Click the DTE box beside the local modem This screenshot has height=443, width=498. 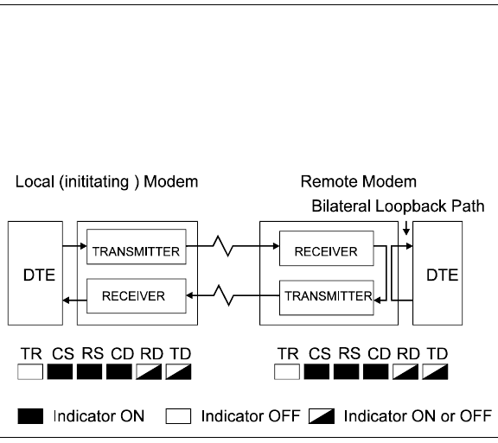(35, 273)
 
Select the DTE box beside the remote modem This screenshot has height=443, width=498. (437, 273)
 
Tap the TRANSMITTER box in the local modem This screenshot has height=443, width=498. (137, 247)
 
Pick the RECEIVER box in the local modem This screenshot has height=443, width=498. (137, 296)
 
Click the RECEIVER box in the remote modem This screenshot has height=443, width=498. (327, 249)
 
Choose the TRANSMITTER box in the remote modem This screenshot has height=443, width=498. (327, 298)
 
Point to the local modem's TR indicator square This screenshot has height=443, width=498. (30, 371)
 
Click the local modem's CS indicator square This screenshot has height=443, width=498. (60, 371)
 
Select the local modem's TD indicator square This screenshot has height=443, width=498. (178, 371)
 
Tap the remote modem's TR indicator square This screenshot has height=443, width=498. (287, 371)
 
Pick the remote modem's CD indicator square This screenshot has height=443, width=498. (376, 371)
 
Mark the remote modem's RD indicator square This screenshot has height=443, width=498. (405, 371)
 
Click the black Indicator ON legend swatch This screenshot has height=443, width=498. (30, 416)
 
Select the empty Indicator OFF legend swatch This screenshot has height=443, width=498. (178, 416)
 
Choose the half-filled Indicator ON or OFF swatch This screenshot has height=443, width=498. (322, 416)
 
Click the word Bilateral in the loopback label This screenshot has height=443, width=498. (342, 206)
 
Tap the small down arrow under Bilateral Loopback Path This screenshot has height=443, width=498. (405, 228)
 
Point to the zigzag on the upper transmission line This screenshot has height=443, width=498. (223, 246)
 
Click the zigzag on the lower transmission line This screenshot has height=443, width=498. (224, 295)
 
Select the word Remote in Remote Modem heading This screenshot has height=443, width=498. (329, 182)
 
